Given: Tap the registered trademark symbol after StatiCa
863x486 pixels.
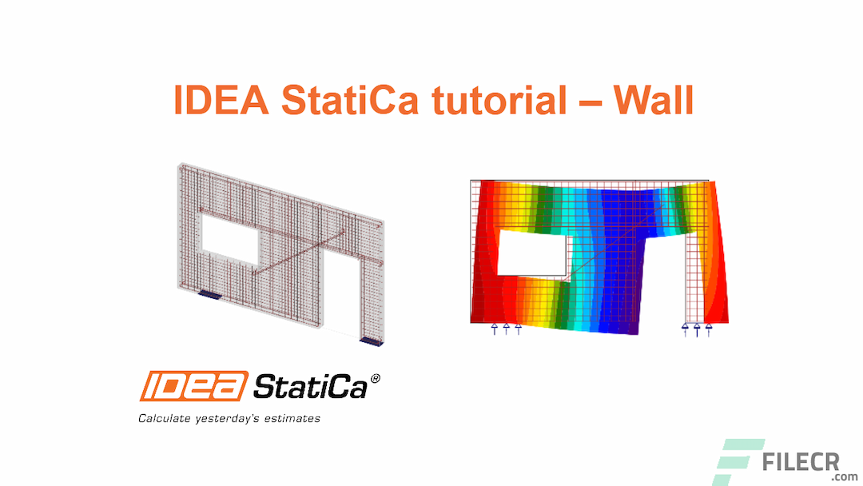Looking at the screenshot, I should tap(376, 378).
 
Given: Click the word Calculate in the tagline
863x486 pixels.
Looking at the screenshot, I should tap(164, 418).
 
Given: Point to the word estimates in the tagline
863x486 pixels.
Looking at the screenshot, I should tap(293, 418).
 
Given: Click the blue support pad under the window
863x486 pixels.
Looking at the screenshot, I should tap(209, 295).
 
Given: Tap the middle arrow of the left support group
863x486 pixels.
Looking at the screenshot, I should tap(506, 329).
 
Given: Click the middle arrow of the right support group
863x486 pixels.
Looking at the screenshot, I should tap(697, 329).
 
